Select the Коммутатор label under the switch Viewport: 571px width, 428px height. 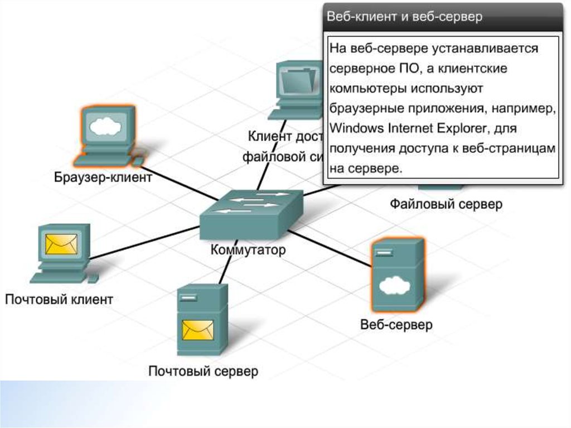coord(248,249)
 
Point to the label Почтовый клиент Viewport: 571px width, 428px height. coord(59,300)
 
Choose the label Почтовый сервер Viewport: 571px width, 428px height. coord(204,371)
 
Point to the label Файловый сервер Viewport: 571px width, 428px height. coord(446,204)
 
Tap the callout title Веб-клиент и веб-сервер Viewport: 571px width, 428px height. coord(404,17)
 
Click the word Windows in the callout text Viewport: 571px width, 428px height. coord(356,128)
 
